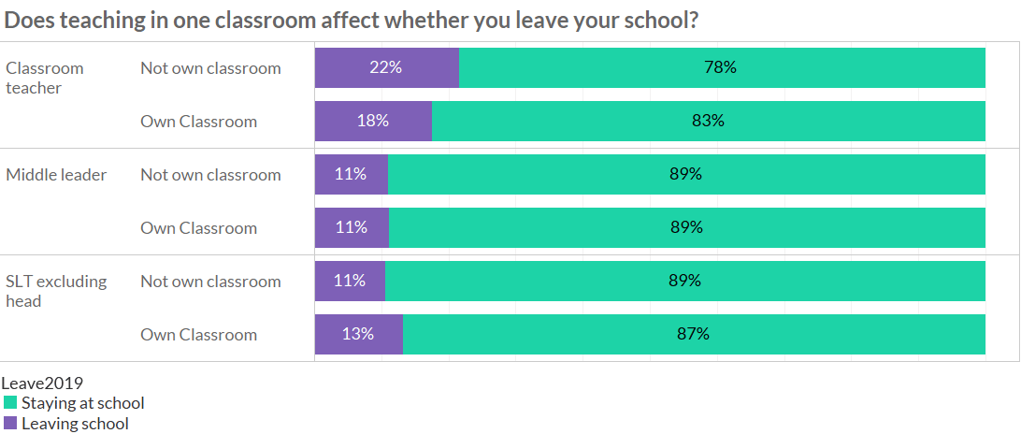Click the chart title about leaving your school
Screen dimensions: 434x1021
(x=352, y=21)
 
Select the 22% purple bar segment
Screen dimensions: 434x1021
(x=386, y=68)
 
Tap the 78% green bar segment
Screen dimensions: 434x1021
(x=722, y=68)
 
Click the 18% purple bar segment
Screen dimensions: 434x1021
(x=373, y=122)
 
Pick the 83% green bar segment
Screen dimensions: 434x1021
(x=708, y=122)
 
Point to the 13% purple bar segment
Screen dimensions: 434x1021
(x=358, y=335)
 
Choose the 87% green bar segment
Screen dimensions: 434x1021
(x=694, y=335)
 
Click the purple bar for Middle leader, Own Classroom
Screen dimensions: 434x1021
(x=352, y=228)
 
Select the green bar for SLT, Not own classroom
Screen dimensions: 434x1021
(x=685, y=282)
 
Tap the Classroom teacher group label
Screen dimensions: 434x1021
(x=45, y=78)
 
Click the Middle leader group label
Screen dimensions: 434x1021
(x=56, y=175)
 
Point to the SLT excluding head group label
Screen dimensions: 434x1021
(x=56, y=291)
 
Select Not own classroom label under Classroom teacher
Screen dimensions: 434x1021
(x=210, y=68)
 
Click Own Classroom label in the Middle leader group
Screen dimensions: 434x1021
(x=198, y=228)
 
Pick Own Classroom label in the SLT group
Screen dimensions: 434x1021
(x=198, y=335)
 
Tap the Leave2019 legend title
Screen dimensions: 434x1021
(x=42, y=383)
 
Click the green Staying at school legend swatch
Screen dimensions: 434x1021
(x=10, y=403)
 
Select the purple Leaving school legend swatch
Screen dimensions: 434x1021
(x=10, y=424)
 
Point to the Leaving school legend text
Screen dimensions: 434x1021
(x=75, y=424)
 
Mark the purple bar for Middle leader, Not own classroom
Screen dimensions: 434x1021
(x=352, y=175)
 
